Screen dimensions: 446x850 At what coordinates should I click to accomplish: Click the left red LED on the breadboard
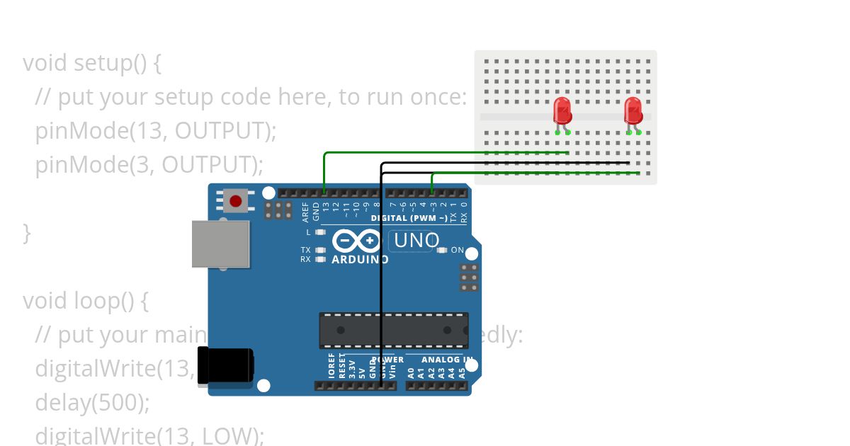(x=562, y=110)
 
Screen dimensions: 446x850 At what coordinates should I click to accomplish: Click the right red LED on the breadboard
(x=633, y=110)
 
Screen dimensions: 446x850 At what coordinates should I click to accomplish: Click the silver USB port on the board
(x=221, y=244)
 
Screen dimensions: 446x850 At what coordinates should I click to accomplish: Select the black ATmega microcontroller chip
(x=393, y=330)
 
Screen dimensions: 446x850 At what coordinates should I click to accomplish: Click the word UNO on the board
(x=416, y=241)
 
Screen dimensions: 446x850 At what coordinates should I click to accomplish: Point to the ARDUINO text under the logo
(x=360, y=260)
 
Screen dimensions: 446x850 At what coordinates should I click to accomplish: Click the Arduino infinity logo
(x=356, y=241)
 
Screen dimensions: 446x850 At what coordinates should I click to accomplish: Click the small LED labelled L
(x=320, y=232)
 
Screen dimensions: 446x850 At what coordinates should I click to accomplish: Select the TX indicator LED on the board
(x=320, y=250)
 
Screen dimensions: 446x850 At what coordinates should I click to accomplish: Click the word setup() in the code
(x=110, y=63)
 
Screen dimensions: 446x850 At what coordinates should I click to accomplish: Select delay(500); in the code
(x=93, y=403)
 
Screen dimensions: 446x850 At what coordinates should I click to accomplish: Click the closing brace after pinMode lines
(x=27, y=232)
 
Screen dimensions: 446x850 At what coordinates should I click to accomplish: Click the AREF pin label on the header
(x=306, y=210)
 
